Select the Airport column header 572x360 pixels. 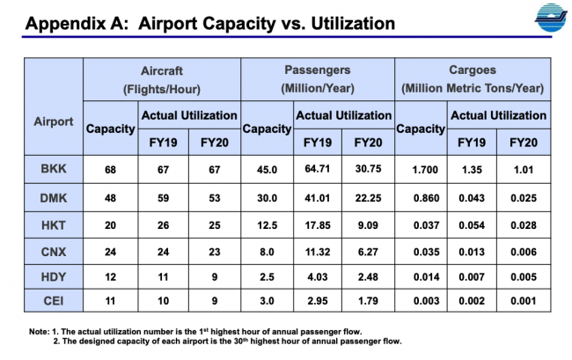pos(54,122)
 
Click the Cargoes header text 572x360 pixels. pos(473,70)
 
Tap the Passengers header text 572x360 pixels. pos(318,70)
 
